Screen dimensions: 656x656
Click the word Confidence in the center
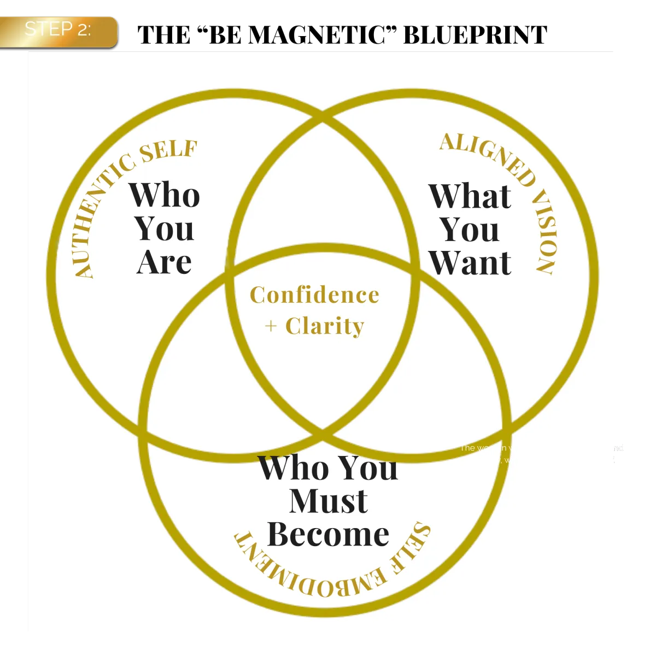point(314,295)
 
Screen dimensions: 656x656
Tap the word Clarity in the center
point(325,326)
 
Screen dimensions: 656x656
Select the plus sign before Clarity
point(271,327)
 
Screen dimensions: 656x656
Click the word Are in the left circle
point(164,262)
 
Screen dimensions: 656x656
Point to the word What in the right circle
point(470,196)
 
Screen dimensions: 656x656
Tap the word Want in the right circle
point(470,263)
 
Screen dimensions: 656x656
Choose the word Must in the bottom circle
point(328,501)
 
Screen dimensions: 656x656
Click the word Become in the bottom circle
point(328,535)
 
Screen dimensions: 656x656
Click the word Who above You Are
point(164,195)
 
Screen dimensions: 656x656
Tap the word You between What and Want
point(470,230)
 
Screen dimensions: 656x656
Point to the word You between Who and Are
point(164,229)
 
